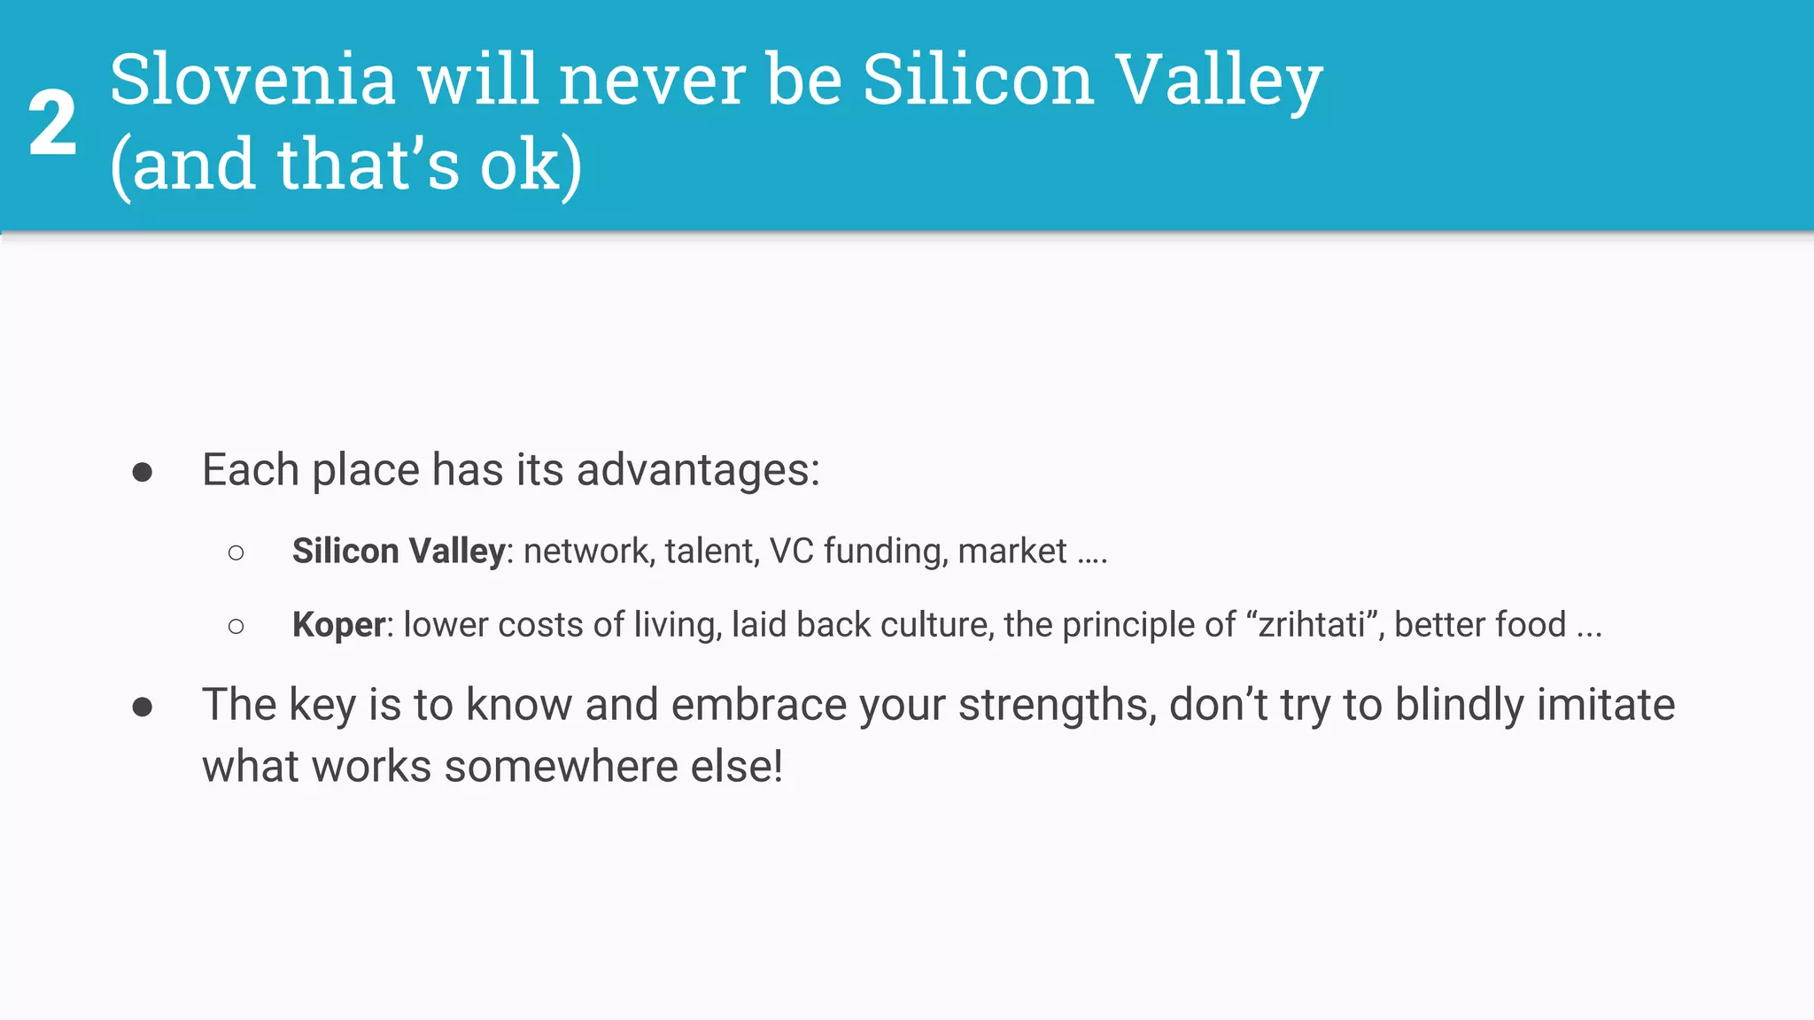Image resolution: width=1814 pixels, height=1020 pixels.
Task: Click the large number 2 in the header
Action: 52,124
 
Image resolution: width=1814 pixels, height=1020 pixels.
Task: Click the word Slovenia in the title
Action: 252,80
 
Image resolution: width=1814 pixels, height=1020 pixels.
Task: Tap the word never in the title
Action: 654,80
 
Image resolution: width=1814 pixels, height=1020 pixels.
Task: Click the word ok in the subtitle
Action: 521,165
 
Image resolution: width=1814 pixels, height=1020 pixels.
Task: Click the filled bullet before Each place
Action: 142,472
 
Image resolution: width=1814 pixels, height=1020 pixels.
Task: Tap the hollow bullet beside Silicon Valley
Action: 236,553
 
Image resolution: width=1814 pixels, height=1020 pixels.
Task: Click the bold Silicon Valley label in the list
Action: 399,552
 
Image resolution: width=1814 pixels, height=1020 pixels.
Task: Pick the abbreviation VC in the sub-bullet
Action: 791,552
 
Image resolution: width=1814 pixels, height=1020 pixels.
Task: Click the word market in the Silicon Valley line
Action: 1012,552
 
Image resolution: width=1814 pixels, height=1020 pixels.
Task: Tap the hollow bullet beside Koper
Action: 236,627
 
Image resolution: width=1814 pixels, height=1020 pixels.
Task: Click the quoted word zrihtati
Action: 1312,625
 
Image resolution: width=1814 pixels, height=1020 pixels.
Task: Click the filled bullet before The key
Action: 142,707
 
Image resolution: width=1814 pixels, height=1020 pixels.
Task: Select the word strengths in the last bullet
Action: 1056,707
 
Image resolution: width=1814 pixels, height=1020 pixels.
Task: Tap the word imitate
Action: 1605,705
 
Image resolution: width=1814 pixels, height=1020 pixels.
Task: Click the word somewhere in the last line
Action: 561,767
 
